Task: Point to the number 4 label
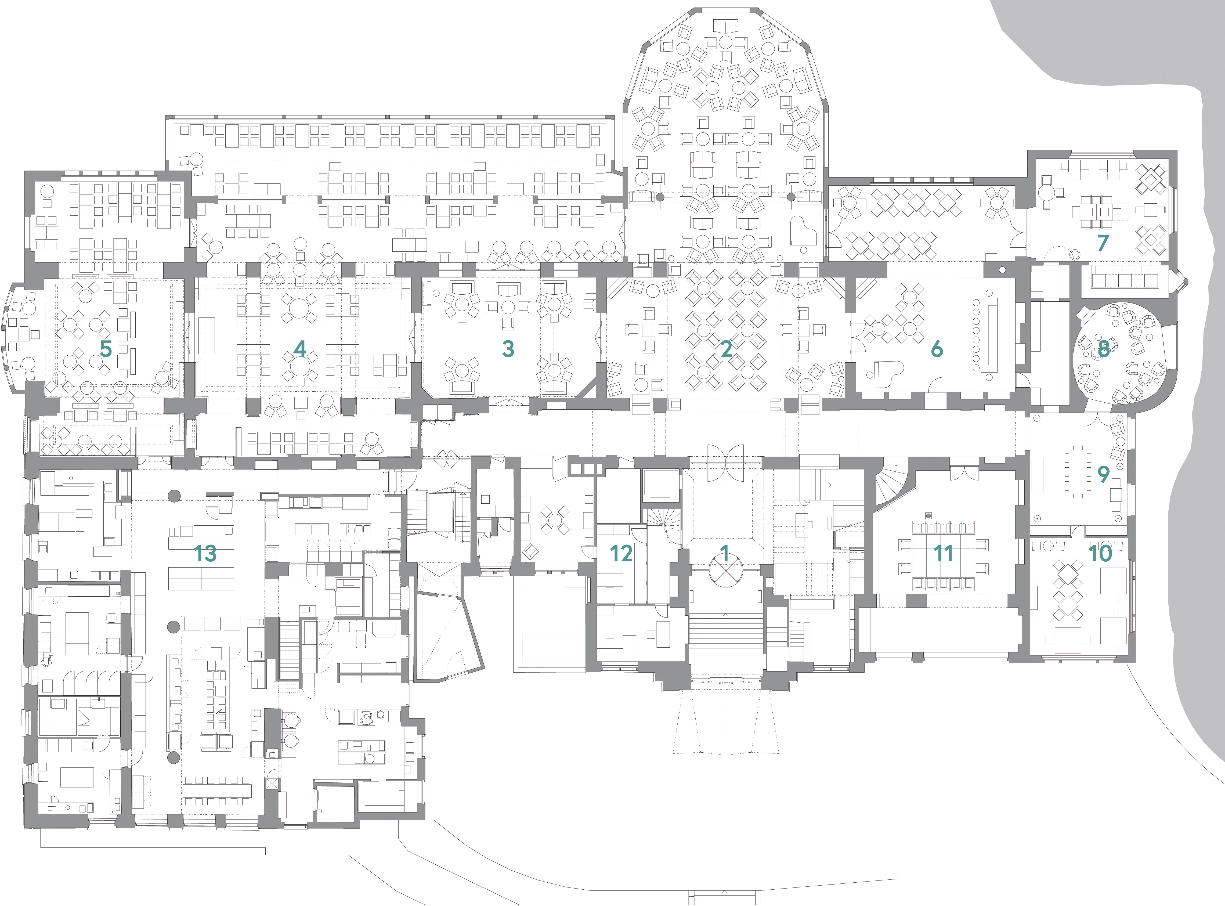click(x=299, y=349)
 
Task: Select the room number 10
click(x=1100, y=554)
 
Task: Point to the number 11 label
click(x=943, y=554)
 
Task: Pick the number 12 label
click(x=621, y=554)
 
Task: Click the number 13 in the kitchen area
click(x=205, y=554)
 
